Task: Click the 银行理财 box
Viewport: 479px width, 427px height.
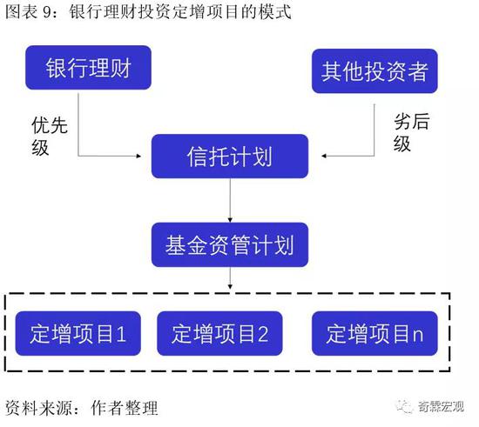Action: pyautogui.click(x=88, y=68)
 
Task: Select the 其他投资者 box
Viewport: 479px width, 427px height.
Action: pyautogui.click(x=374, y=71)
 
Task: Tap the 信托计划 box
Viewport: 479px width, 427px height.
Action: pyautogui.click(x=230, y=157)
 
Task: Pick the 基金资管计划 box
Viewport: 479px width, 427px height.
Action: pyautogui.click(x=230, y=244)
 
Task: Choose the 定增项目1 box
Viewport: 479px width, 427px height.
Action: pyautogui.click(x=78, y=333)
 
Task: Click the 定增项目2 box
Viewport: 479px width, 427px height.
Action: pyautogui.click(x=219, y=333)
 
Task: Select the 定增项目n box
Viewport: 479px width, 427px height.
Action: pyautogui.click(x=374, y=333)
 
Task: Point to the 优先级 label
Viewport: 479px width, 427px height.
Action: pyautogui.click(x=49, y=136)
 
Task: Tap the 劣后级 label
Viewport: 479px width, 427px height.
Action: pyautogui.click(x=411, y=132)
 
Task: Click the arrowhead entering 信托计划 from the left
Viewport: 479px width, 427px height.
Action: pyautogui.click(x=138, y=157)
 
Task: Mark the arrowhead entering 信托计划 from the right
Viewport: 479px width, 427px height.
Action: pyautogui.click(x=324, y=157)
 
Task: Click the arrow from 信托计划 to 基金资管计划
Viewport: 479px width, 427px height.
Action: pyautogui.click(x=230, y=200)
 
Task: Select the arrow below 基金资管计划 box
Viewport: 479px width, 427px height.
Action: pyautogui.click(x=230, y=278)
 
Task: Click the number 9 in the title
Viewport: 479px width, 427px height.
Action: pyautogui.click(x=47, y=13)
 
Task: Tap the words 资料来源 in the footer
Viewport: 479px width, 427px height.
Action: pyautogui.click(x=39, y=408)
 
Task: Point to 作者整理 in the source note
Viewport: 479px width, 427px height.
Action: pyautogui.click(x=125, y=408)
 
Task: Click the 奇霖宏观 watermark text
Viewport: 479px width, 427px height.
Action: pyautogui.click(x=441, y=407)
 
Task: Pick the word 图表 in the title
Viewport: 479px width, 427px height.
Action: pyautogui.click(x=22, y=12)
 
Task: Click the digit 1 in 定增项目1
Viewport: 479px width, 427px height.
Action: pyautogui.click(x=121, y=334)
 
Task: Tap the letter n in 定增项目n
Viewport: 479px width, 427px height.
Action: pyautogui.click(x=418, y=336)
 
